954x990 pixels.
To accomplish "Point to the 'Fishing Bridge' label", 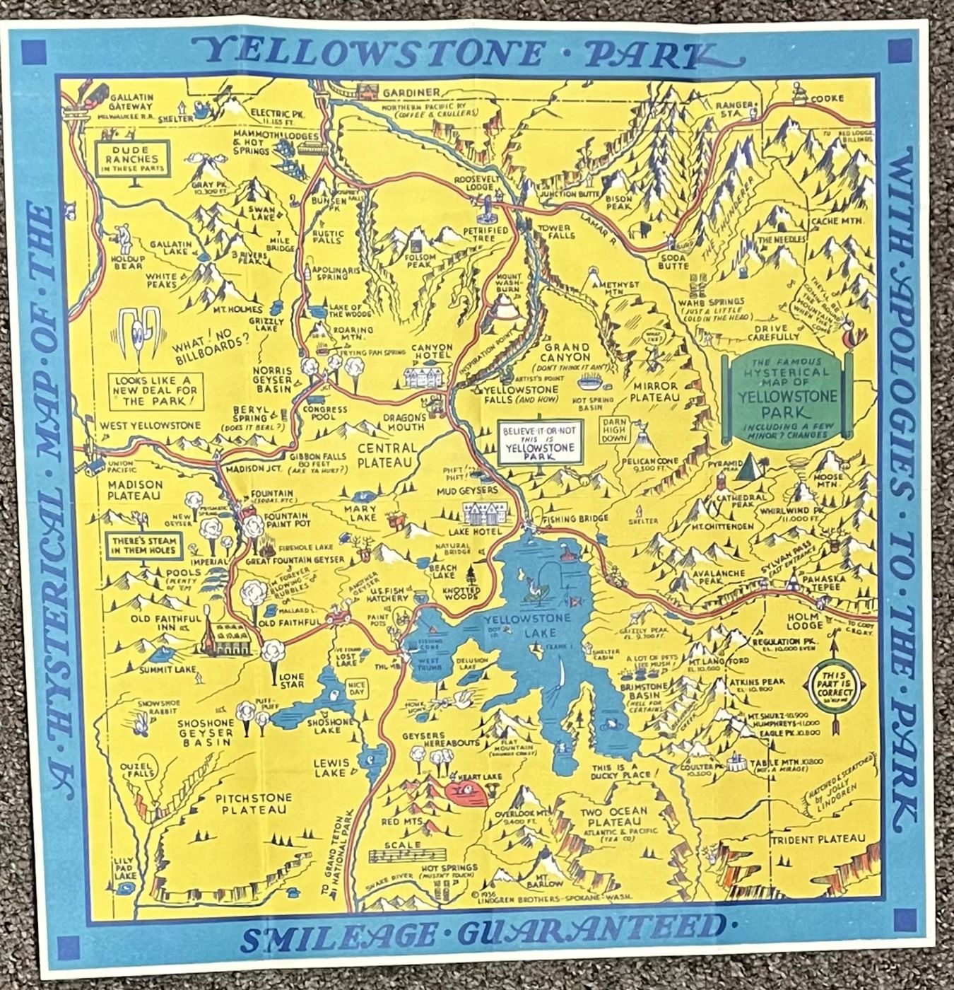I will tap(575, 519).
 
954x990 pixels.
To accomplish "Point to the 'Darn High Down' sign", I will tap(613, 429).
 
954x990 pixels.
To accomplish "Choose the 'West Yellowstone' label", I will tap(151, 426).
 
